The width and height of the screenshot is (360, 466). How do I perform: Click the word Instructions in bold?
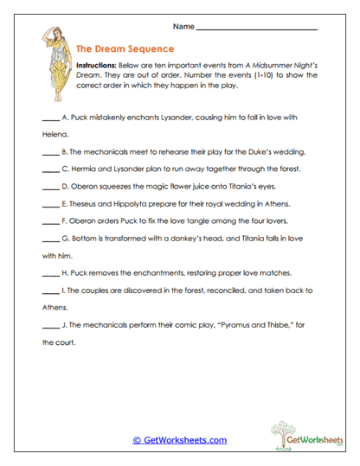point(100,66)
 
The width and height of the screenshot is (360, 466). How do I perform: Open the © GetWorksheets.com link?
point(179,440)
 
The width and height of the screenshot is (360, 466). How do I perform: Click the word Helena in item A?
point(55,135)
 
